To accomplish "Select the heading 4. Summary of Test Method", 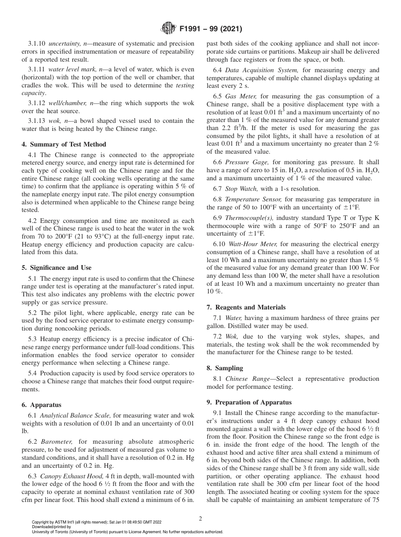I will (64, 144).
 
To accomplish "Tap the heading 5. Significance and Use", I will (56, 268).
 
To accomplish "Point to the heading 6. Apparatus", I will (41, 405).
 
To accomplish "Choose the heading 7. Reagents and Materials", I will (246, 307).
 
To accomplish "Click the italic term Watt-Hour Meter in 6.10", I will (253, 244).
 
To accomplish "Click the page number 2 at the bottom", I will (200, 519).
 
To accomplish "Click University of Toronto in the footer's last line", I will (52, 532).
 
